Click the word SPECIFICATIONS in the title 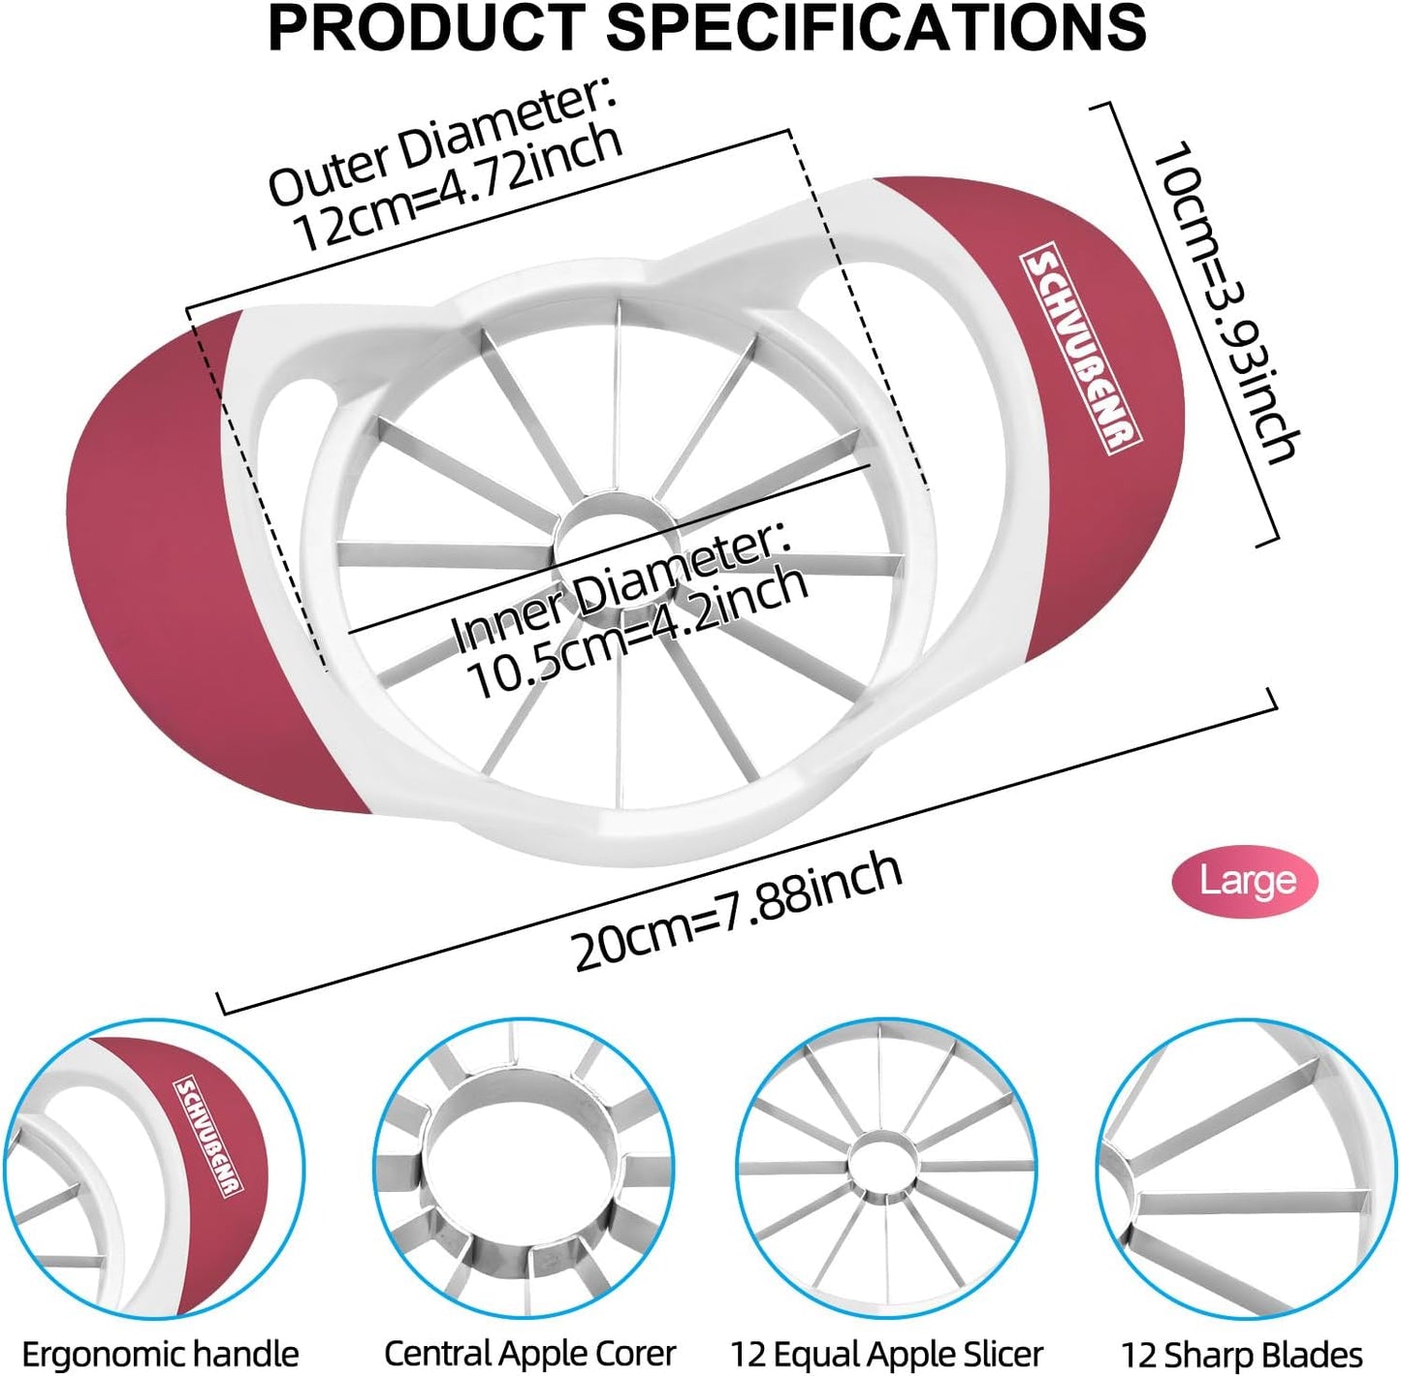[x=876, y=28]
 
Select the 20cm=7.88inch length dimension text [x=738, y=912]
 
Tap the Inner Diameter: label [x=621, y=585]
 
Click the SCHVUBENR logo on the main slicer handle [x=1081, y=353]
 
